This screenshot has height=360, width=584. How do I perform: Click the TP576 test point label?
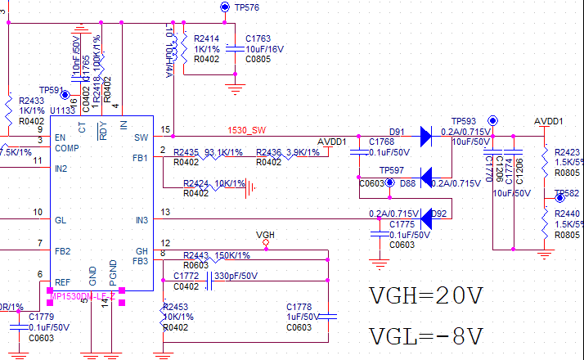tap(246, 7)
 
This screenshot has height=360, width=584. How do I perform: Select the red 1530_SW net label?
tap(247, 129)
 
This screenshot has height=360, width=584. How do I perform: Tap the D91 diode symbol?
tap(425, 137)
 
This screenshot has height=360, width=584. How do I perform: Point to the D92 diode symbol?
tap(425, 214)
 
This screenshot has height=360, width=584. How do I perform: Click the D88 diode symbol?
tap(425, 176)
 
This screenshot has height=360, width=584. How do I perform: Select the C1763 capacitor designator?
tap(258, 38)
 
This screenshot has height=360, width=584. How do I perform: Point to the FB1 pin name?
tap(141, 157)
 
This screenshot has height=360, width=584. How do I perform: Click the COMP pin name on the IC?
tap(67, 148)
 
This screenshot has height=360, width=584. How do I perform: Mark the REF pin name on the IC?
tap(61, 281)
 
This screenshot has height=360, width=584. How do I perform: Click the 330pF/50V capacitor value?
tap(236, 276)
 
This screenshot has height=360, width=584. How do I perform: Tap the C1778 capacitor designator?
tap(299, 306)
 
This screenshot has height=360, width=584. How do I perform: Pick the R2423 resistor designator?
tap(567, 152)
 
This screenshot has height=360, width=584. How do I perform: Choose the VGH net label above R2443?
tap(265, 235)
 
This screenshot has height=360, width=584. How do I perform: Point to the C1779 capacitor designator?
tap(41, 316)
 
